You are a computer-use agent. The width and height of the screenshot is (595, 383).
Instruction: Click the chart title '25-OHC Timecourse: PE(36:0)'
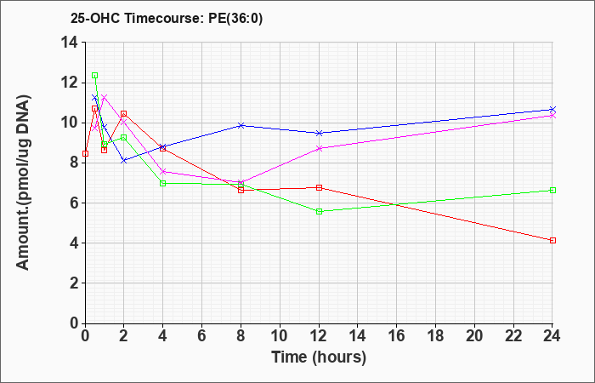click(167, 19)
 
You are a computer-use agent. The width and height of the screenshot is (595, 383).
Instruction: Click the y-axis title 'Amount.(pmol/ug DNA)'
click(23, 182)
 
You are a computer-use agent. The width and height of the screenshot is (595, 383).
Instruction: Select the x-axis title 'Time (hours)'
click(319, 357)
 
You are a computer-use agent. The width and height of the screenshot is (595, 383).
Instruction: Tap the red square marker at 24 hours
click(552, 241)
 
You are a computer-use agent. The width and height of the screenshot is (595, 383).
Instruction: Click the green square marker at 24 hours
click(552, 191)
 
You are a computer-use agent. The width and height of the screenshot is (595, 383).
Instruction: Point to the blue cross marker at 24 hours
click(552, 110)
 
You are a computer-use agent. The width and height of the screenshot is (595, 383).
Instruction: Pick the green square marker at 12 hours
click(319, 211)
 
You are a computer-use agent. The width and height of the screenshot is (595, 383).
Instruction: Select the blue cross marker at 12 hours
click(319, 133)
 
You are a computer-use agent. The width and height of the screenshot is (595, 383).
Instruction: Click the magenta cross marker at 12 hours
click(319, 149)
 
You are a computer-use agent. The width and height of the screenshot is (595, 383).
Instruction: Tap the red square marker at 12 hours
click(319, 188)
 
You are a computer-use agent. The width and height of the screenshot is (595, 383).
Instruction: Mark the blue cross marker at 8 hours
click(241, 125)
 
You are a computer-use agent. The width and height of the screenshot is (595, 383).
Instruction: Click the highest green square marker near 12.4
click(95, 75)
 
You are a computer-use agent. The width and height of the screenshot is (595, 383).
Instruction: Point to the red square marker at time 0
click(85, 153)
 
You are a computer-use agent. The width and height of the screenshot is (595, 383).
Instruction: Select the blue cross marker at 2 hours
click(124, 161)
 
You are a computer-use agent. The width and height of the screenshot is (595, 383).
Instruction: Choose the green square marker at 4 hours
click(163, 183)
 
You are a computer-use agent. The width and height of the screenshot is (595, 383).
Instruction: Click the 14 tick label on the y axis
click(70, 43)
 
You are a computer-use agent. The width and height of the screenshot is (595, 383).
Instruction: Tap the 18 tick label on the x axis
click(435, 335)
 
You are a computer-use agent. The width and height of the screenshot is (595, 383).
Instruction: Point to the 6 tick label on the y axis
click(75, 203)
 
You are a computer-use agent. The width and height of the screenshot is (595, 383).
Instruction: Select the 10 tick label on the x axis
click(280, 335)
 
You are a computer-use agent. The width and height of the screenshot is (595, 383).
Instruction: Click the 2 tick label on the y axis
click(75, 283)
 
